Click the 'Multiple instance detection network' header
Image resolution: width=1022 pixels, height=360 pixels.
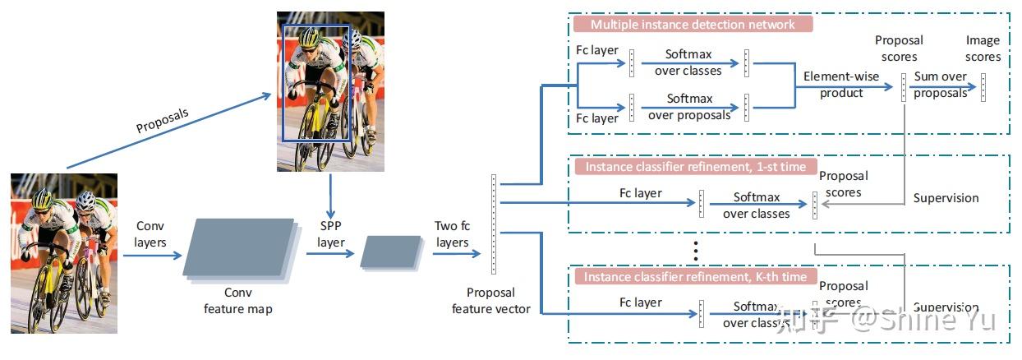pos(693,24)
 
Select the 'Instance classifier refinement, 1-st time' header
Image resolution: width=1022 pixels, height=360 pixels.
pos(695,167)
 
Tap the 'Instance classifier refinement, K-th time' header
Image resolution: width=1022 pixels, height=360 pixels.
pos(695,277)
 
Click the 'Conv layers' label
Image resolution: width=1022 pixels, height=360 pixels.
pos(150,233)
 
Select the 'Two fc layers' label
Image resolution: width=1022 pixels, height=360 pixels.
pos(452,233)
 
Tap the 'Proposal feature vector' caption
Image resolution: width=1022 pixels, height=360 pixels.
pos(490,300)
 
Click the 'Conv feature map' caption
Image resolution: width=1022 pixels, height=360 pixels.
pos(237,300)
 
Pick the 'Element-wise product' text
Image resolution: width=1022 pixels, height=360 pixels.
pos(841,85)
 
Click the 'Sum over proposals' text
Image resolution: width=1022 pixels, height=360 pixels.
pos(941,85)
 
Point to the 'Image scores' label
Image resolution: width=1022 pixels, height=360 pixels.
pos(983,48)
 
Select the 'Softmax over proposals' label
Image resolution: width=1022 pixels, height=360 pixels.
pos(689,107)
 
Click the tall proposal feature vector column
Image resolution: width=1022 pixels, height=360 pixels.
pos(493,224)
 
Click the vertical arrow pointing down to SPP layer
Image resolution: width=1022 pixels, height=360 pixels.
pos(330,194)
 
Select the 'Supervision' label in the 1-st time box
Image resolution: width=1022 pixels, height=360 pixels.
pos(946,198)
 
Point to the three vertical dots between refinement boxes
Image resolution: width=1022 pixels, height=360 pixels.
pos(696,249)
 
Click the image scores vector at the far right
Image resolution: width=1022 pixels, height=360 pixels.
pos(983,86)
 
